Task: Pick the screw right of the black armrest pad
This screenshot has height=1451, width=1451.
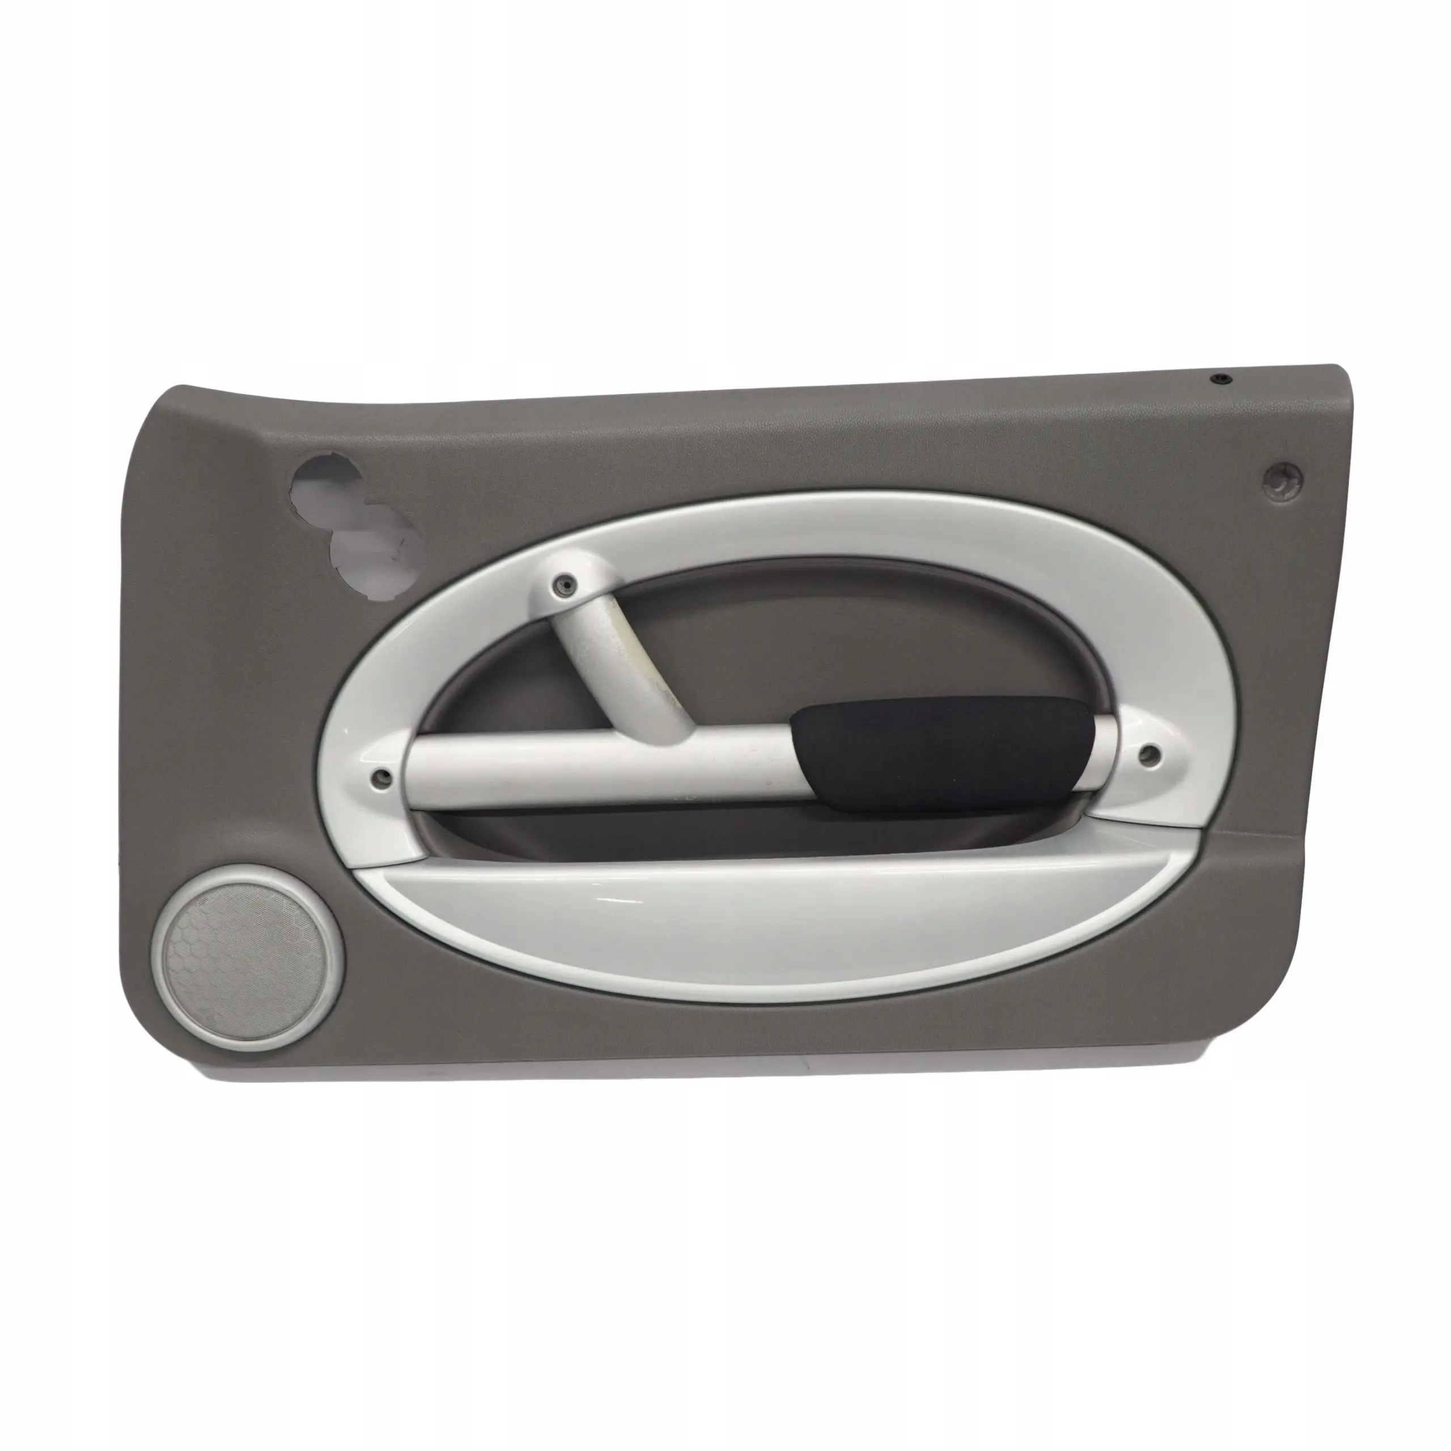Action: point(1148,756)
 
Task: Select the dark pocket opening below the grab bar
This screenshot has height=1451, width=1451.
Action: point(676,830)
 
